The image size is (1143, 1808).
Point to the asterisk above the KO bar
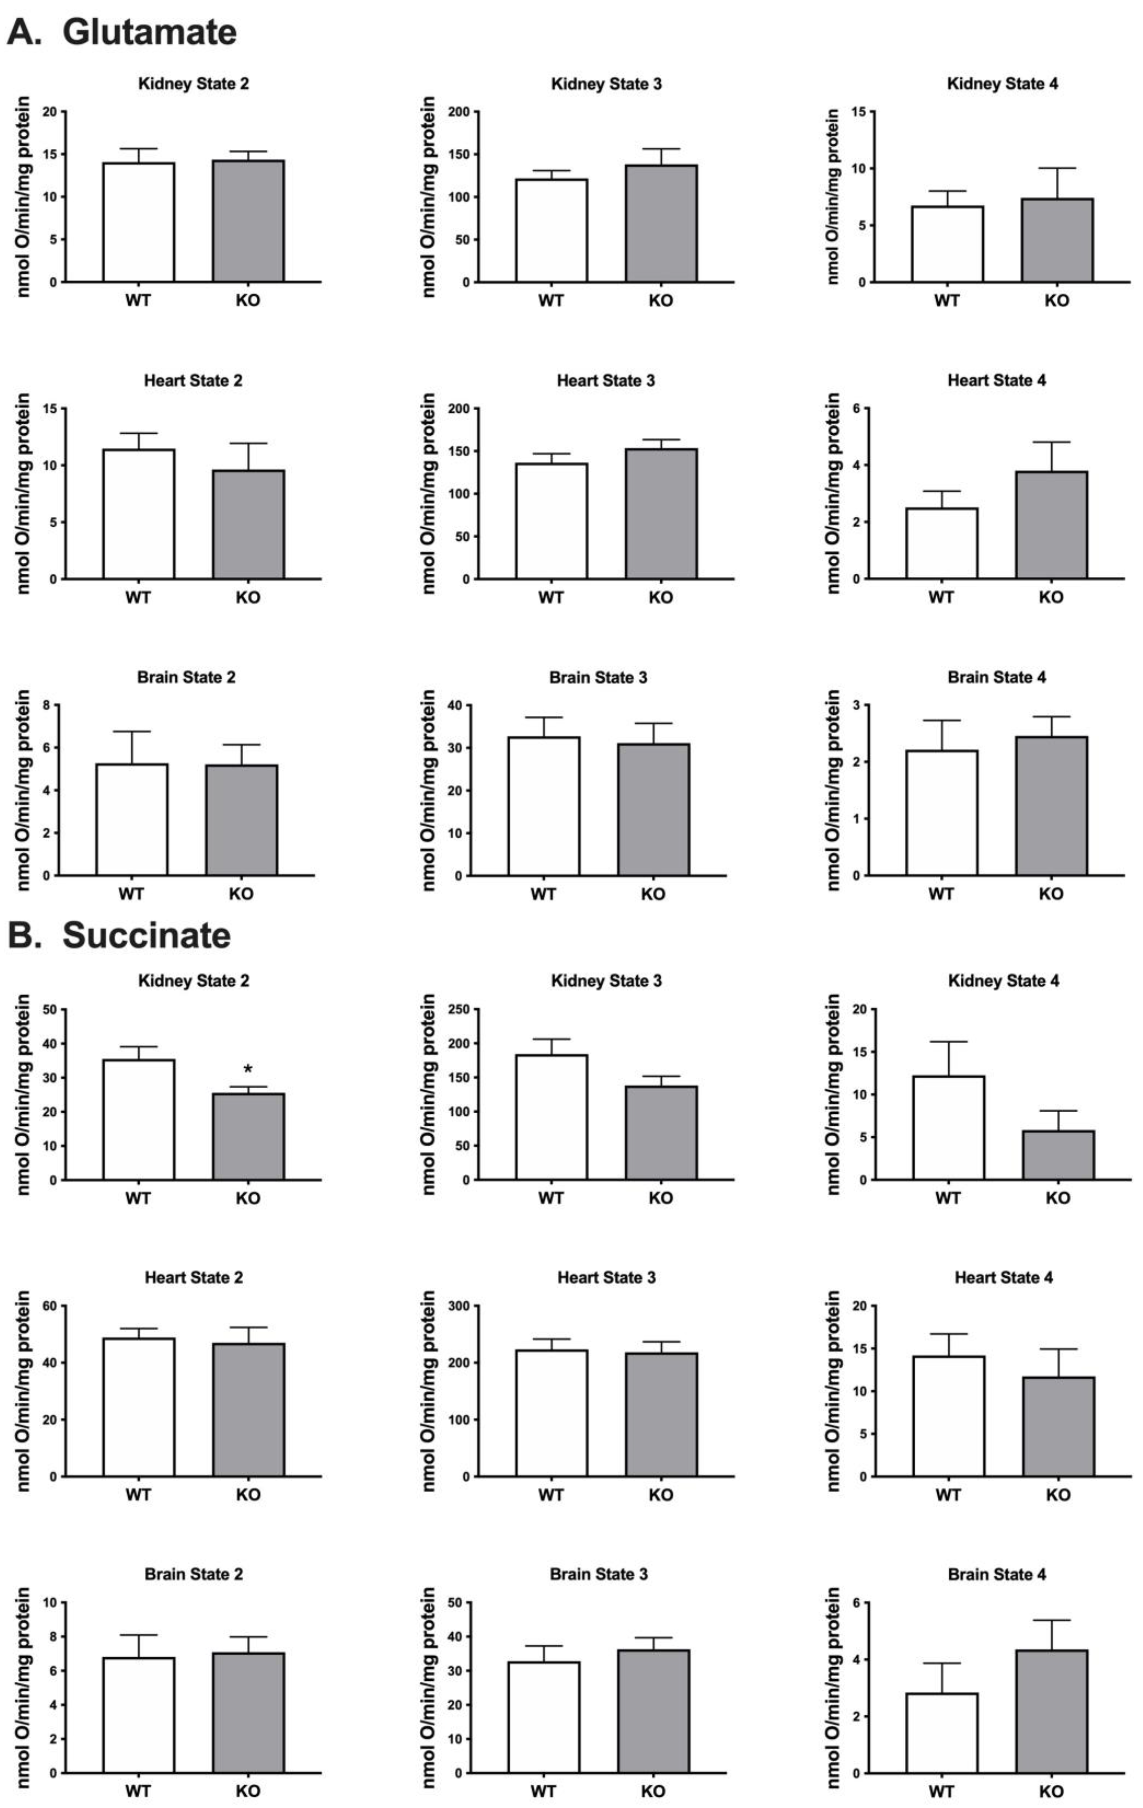pyautogui.click(x=248, y=1070)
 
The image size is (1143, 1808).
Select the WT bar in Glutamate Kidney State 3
pyautogui.click(x=551, y=230)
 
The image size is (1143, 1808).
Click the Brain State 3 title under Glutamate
pyautogui.click(x=598, y=677)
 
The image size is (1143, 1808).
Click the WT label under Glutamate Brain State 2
pyautogui.click(x=131, y=894)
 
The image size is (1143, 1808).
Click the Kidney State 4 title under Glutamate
pyautogui.click(x=1002, y=84)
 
